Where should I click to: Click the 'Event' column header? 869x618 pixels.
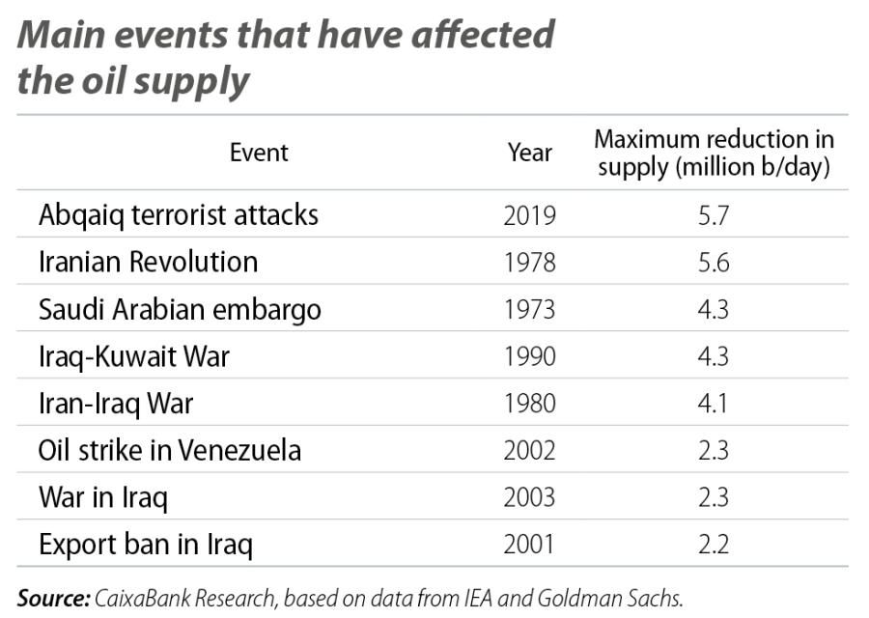pyautogui.click(x=259, y=153)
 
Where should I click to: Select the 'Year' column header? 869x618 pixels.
pyautogui.click(x=530, y=153)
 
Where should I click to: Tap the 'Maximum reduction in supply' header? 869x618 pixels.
pyautogui.click(x=715, y=153)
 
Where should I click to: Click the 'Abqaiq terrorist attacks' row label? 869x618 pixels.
pyautogui.click(x=178, y=214)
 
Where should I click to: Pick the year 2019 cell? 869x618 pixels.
pyautogui.click(x=530, y=214)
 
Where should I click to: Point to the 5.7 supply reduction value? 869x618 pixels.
pyautogui.click(x=715, y=214)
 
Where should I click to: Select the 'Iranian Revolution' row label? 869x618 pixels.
pyautogui.click(x=148, y=262)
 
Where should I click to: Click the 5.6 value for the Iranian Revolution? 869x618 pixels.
pyautogui.click(x=715, y=262)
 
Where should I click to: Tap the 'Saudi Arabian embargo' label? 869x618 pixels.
pyautogui.click(x=180, y=309)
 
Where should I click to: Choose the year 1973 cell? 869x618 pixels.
pyautogui.click(x=530, y=309)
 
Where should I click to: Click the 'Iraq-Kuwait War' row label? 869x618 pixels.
pyautogui.click(x=134, y=356)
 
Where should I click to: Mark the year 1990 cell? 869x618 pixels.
pyautogui.click(x=530, y=356)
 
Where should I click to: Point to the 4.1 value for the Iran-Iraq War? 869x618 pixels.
pyautogui.click(x=715, y=404)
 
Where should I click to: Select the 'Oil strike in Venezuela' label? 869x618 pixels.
pyautogui.click(x=170, y=451)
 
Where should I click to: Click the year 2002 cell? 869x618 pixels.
pyautogui.click(x=530, y=451)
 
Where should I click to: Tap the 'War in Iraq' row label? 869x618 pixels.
pyautogui.click(x=103, y=498)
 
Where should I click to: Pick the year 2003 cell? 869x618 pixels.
pyautogui.click(x=530, y=498)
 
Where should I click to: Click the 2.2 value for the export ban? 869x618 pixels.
pyautogui.click(x=715, y=546)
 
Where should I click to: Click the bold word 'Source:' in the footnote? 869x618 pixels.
pyautogui.click(x=51, y=599)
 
